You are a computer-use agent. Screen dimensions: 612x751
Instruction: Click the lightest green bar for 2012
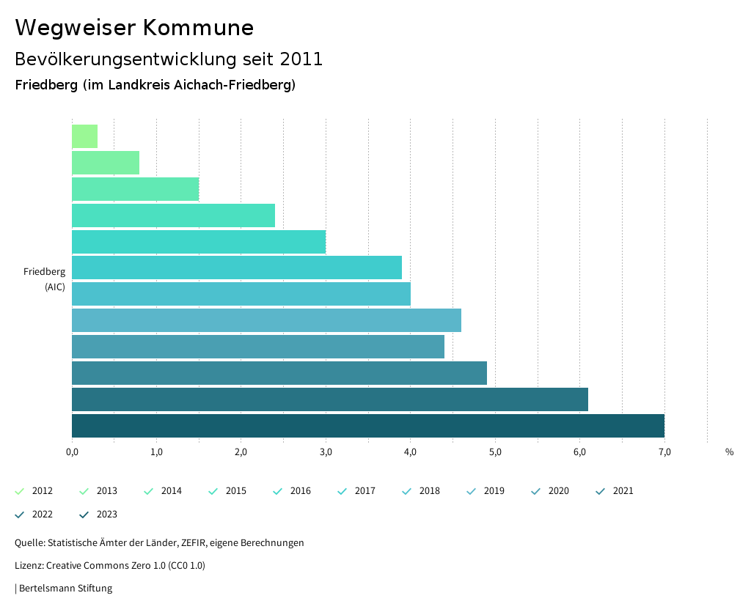[84, 136]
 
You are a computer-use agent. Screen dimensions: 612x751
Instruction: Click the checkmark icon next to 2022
[20, 515]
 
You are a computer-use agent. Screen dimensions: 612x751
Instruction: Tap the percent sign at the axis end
[729, 452]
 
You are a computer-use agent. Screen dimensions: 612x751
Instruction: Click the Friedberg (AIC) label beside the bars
[45, 279]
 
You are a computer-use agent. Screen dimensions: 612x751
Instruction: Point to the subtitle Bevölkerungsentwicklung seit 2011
[169, 59]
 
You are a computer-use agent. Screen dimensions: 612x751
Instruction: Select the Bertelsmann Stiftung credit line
[64, 588]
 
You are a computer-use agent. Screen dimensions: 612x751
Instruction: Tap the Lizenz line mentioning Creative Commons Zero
[110, 565]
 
